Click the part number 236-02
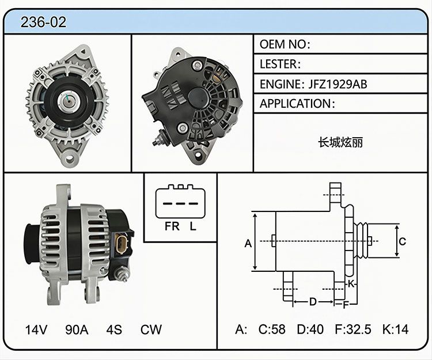43,22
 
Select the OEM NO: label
285,44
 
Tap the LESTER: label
280,64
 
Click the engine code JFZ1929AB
338,84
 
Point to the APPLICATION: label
297,104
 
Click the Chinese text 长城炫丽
340,142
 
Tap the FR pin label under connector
172,226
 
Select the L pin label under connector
193,226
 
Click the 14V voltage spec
36,329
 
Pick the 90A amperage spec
77,329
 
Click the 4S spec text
114,329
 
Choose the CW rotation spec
151,329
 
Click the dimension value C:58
272,329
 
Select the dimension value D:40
310,329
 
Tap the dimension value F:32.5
353,329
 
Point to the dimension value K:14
395,329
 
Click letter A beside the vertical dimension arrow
248,244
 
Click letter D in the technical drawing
313,302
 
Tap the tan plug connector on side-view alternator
121,244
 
